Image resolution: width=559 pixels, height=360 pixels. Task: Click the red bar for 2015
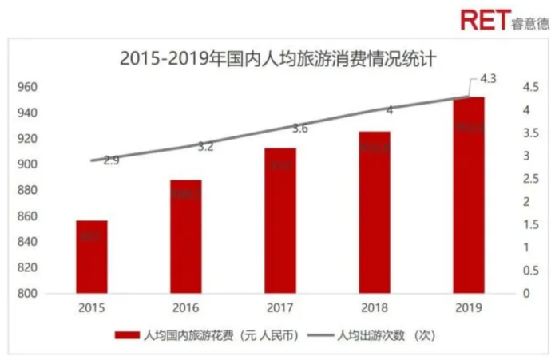click(91, 257)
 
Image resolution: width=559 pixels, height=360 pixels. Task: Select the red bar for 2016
click(185, 236)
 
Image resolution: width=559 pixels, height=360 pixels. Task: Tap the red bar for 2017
click(280, 220)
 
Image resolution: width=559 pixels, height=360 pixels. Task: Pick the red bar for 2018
click(375, 212)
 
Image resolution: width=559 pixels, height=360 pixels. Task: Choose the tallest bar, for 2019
click(469, 195)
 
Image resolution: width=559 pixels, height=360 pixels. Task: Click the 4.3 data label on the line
click(489, 79)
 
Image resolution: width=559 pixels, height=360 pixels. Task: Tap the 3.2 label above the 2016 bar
click(205, 146)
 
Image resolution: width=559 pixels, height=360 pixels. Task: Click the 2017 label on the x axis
click(280, 307)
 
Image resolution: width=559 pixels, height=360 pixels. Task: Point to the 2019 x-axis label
click(469, 307)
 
